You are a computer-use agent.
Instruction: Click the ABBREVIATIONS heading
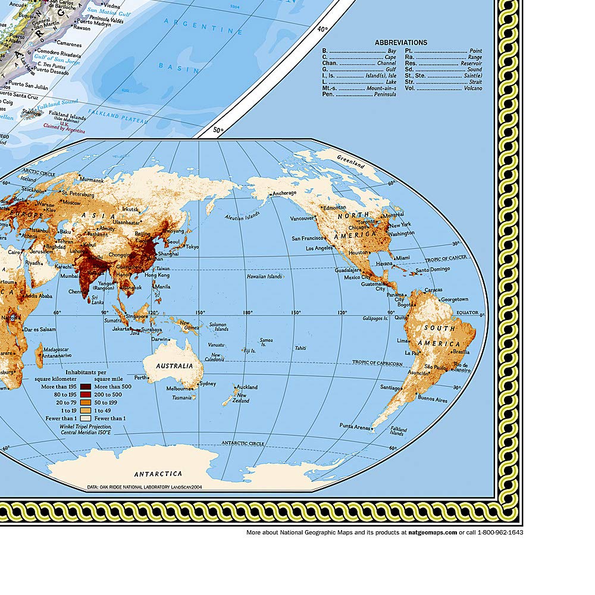point(401,42)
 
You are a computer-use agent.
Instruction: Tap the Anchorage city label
point(284,193)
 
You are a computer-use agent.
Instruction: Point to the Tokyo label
point(192,247)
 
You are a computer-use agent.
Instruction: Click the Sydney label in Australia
point(208,384)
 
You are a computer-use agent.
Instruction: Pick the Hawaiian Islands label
point(265,277)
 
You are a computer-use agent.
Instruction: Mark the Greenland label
point(351,159)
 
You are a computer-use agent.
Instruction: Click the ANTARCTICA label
point(158,474)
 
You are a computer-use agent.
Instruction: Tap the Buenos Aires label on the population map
point(433,400)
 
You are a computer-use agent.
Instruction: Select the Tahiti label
point(300,347)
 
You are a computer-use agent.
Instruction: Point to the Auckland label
point(247,387)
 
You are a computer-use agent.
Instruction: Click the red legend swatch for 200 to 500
point(85,394)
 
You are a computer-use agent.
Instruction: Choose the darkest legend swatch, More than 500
point(85,387)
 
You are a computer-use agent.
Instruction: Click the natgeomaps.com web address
point(433,533)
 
